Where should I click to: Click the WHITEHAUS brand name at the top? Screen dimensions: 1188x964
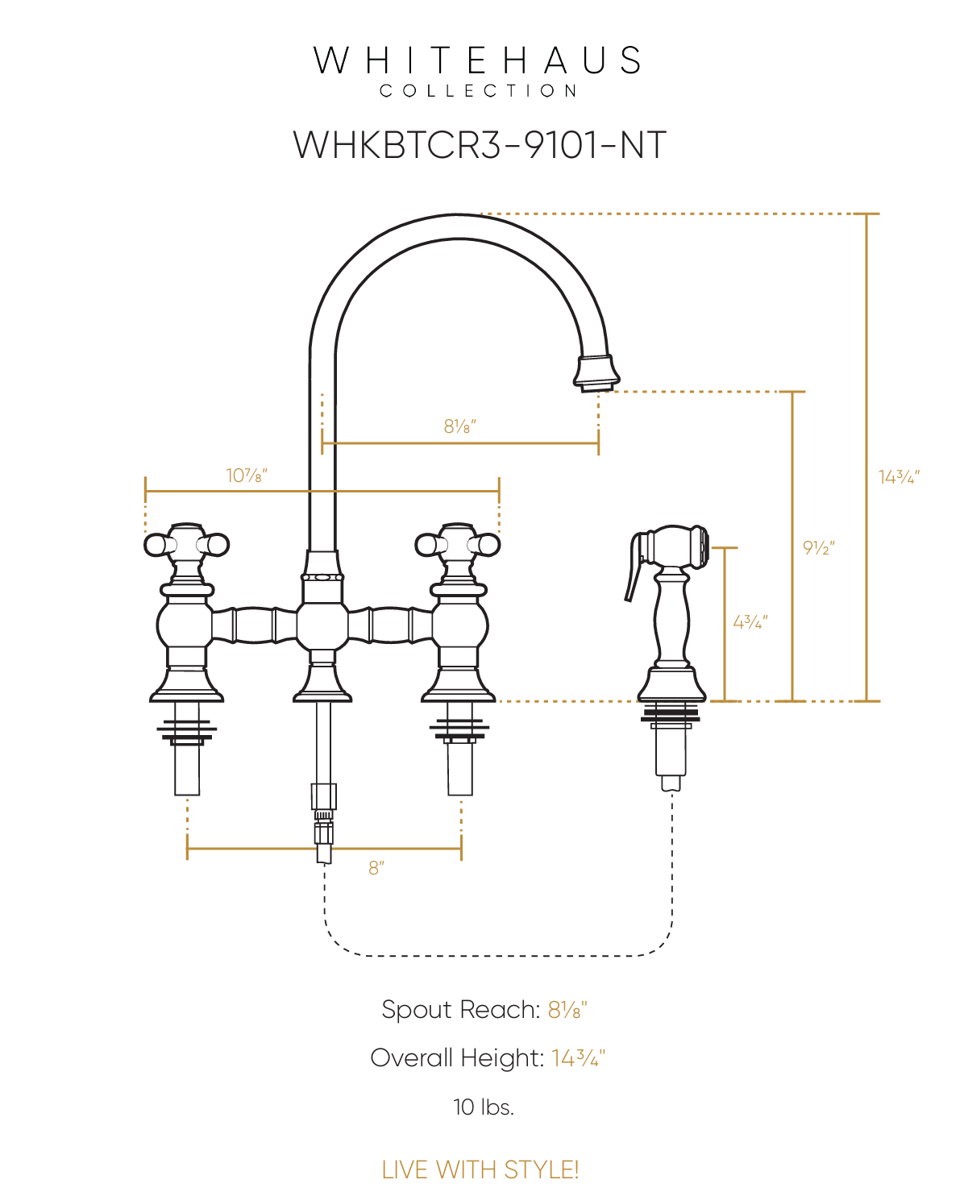point(477,61)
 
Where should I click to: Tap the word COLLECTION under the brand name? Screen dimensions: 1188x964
point(479,91)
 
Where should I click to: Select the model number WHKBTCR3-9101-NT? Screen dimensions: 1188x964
point(480,146)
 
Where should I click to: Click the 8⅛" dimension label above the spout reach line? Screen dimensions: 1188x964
point(460,426)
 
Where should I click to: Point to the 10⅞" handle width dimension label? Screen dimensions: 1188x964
point(247,476)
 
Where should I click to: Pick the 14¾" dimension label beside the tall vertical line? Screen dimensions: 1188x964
point(899,477)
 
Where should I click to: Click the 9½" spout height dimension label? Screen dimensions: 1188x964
point(819,548)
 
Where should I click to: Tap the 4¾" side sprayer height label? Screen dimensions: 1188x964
point(750,622)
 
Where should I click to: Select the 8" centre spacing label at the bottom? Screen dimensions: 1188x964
point(376,868)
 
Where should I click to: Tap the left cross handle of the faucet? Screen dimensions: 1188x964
point(187,545)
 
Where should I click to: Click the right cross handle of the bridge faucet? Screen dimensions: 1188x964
point(458,545)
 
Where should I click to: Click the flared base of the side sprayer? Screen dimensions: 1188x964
point(671,685)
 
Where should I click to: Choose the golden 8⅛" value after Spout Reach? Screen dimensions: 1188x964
point(567,1010)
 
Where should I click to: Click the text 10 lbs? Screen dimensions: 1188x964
point(483,1107)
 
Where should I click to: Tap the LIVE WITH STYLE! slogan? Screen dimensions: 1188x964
point(480,1169)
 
